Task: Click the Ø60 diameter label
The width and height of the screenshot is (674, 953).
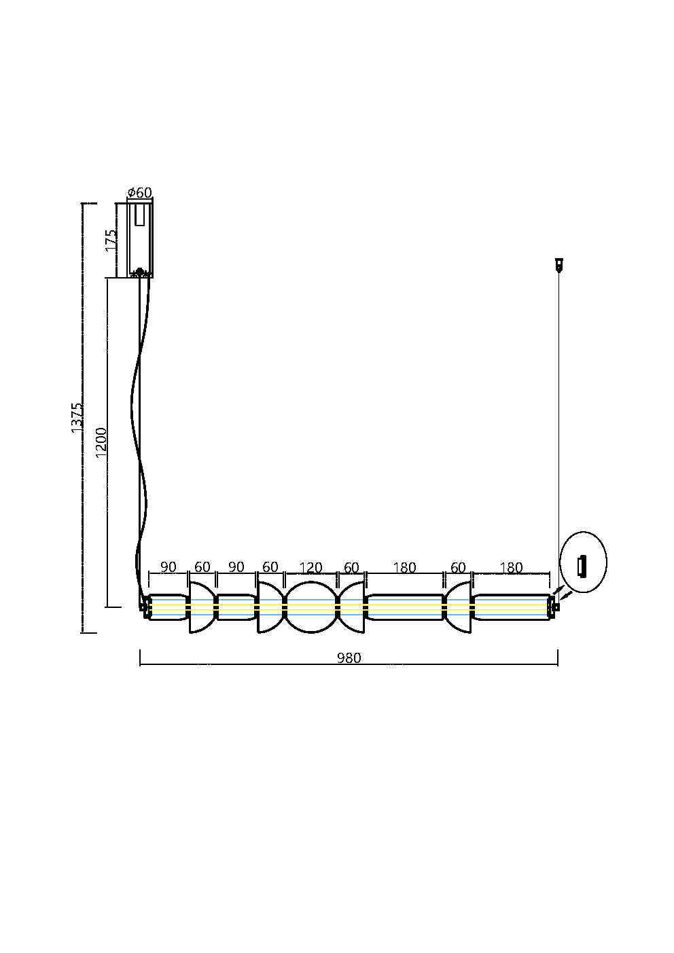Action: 139,193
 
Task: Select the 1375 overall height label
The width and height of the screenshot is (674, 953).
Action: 77,417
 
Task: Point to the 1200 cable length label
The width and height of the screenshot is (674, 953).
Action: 101,442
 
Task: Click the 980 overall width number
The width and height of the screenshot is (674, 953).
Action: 349,658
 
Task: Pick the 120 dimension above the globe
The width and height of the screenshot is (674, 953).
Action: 311,567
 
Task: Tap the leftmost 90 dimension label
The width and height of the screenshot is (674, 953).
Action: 168,567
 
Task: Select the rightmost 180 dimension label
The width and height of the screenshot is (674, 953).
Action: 511,567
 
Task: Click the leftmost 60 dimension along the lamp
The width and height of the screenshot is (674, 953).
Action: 202,567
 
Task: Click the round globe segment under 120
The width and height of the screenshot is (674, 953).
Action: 311,607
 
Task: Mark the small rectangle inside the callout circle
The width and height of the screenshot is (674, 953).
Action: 582,564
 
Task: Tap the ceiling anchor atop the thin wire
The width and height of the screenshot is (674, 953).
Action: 559,264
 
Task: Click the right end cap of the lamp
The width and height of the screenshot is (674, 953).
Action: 553,607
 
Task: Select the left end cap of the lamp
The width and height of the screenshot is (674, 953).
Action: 143,607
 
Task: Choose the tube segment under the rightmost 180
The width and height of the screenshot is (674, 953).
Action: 511,607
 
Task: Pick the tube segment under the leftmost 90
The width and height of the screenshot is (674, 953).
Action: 168,607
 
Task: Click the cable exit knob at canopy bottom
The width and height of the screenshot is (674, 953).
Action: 140,273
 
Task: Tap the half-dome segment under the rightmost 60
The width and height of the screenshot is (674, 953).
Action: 459,607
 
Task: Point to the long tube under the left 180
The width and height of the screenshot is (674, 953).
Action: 405,607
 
